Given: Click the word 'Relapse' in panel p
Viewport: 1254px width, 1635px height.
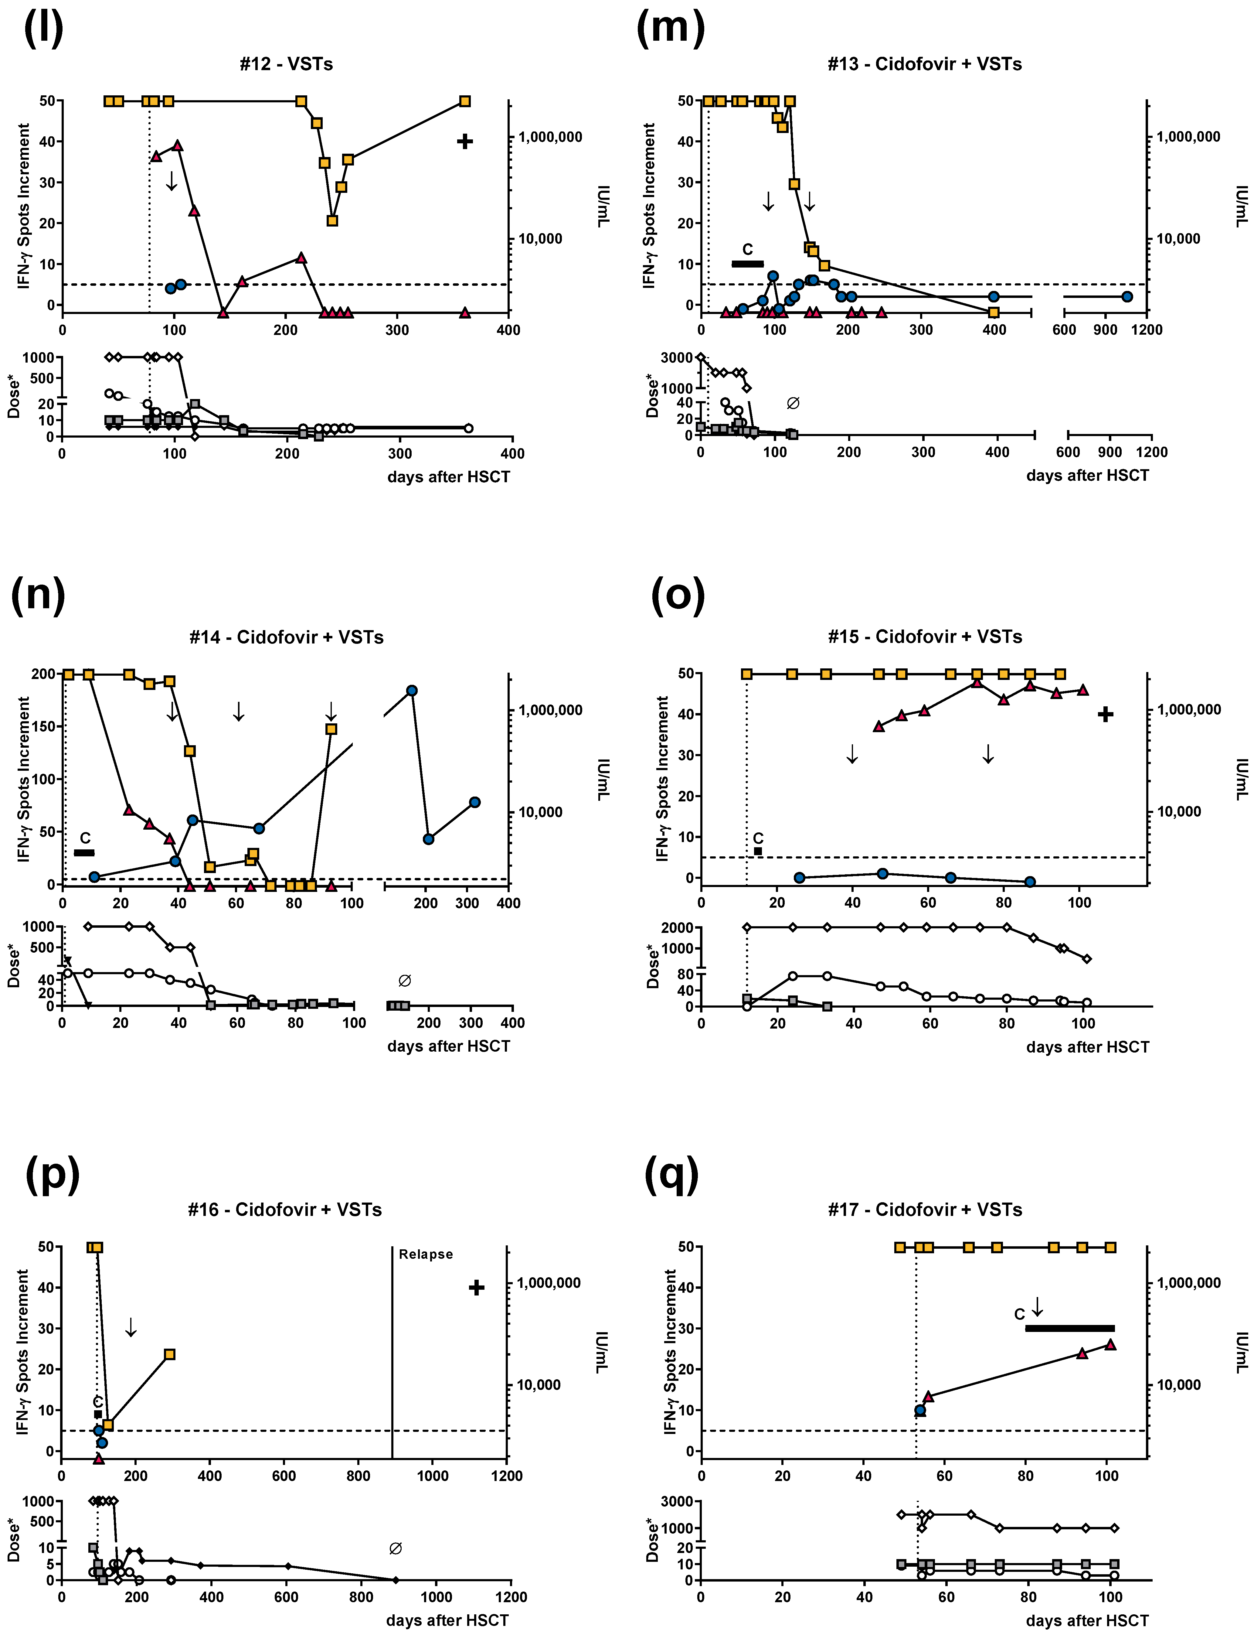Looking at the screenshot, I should coord(426,1254).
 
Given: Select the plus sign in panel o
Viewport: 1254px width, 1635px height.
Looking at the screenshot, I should coord(1106,715).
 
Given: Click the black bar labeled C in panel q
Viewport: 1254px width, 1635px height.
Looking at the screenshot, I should coord(1070,1328).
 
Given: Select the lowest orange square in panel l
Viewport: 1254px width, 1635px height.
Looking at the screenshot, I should coord(332,220).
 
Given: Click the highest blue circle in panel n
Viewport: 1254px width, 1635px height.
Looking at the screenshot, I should coord(411,691).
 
